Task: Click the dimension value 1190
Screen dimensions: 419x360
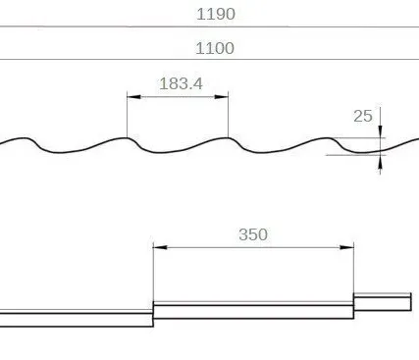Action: (216, 14)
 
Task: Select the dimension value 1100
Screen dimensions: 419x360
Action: (215, 48)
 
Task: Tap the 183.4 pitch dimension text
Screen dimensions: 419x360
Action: (181, 83)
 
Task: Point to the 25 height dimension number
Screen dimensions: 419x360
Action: (363, 116)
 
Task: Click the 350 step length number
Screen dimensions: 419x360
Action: (253, 234)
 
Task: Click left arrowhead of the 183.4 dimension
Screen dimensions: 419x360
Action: (133, 97)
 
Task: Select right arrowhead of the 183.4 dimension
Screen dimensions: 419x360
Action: (222, 97)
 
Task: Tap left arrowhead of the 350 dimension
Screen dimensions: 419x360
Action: (160, 247)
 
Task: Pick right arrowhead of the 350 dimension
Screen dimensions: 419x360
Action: (346, 247)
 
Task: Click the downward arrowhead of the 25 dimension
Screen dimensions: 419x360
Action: (380, 131)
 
